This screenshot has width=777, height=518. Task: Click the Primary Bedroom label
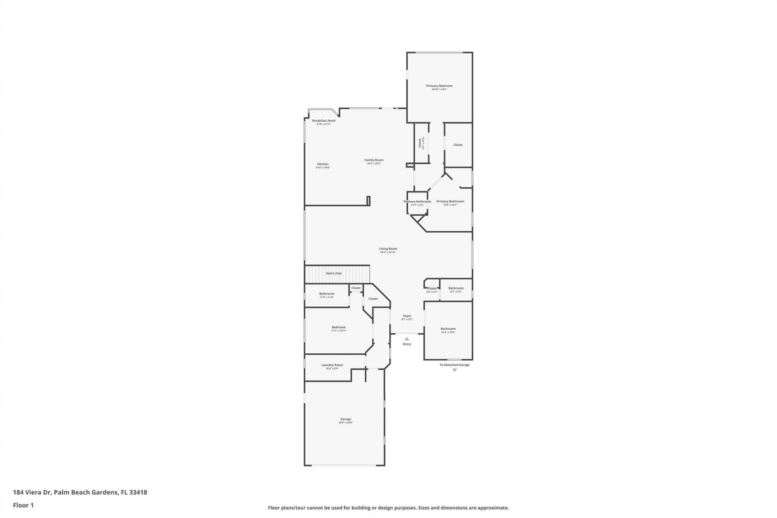(439, 86)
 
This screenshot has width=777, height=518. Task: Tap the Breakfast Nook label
(324, 121)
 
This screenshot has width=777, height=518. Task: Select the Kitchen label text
(323, 164)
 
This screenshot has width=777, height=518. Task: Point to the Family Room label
(374, 160)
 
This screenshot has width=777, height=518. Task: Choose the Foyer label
(407, 316)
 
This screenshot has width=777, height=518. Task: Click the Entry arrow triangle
(407, 339)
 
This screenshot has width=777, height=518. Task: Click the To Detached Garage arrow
(454, 370)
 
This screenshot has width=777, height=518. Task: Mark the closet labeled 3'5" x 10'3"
(420, 144)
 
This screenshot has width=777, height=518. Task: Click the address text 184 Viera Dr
(80, 493)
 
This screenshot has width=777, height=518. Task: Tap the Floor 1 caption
(23, 505)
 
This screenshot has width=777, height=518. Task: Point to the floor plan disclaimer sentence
(388, 508)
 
